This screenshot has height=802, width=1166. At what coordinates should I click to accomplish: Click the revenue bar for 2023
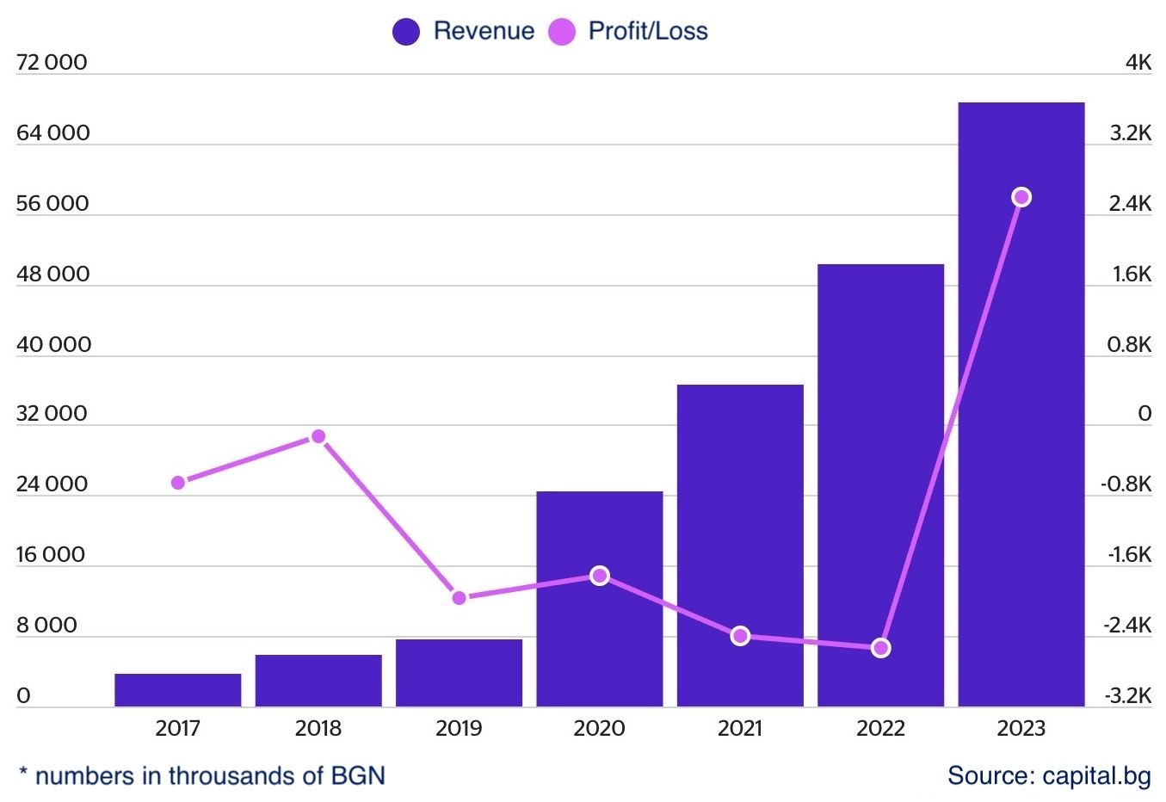click(1021, 404)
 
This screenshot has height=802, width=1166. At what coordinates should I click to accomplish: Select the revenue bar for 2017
click(177, 690)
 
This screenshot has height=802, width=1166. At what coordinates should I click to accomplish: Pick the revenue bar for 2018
click(318, 681)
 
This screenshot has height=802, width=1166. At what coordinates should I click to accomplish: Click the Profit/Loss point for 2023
click(1021, 198)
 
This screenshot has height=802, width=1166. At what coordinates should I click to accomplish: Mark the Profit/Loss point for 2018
click(318, 436)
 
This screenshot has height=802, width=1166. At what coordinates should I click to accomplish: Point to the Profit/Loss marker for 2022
click(880, 648)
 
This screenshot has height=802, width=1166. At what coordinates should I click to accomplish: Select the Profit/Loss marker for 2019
click(459, 597)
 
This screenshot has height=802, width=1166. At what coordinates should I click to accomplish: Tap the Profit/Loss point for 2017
click(178, 483)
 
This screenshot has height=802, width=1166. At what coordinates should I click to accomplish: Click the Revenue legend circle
click(405, 32)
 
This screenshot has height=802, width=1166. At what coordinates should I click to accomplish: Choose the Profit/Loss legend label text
click(647, 32)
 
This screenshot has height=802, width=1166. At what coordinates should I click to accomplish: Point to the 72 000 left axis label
click(52, 63)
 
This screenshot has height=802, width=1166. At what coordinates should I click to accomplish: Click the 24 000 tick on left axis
click(52, 484)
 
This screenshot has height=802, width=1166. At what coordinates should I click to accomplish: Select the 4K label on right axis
click(1138, 63)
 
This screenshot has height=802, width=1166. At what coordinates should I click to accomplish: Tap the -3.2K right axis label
click(1128, 695)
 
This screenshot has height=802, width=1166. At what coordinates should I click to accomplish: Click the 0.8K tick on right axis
click(1129, 344)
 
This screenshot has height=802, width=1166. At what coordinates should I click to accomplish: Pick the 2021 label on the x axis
click(739, 729)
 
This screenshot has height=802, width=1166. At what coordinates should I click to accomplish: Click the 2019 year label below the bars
click(459, 729)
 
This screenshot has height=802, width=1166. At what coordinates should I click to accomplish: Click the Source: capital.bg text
click(1048, 775)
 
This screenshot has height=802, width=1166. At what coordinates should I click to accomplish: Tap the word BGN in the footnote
click(357, 775)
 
